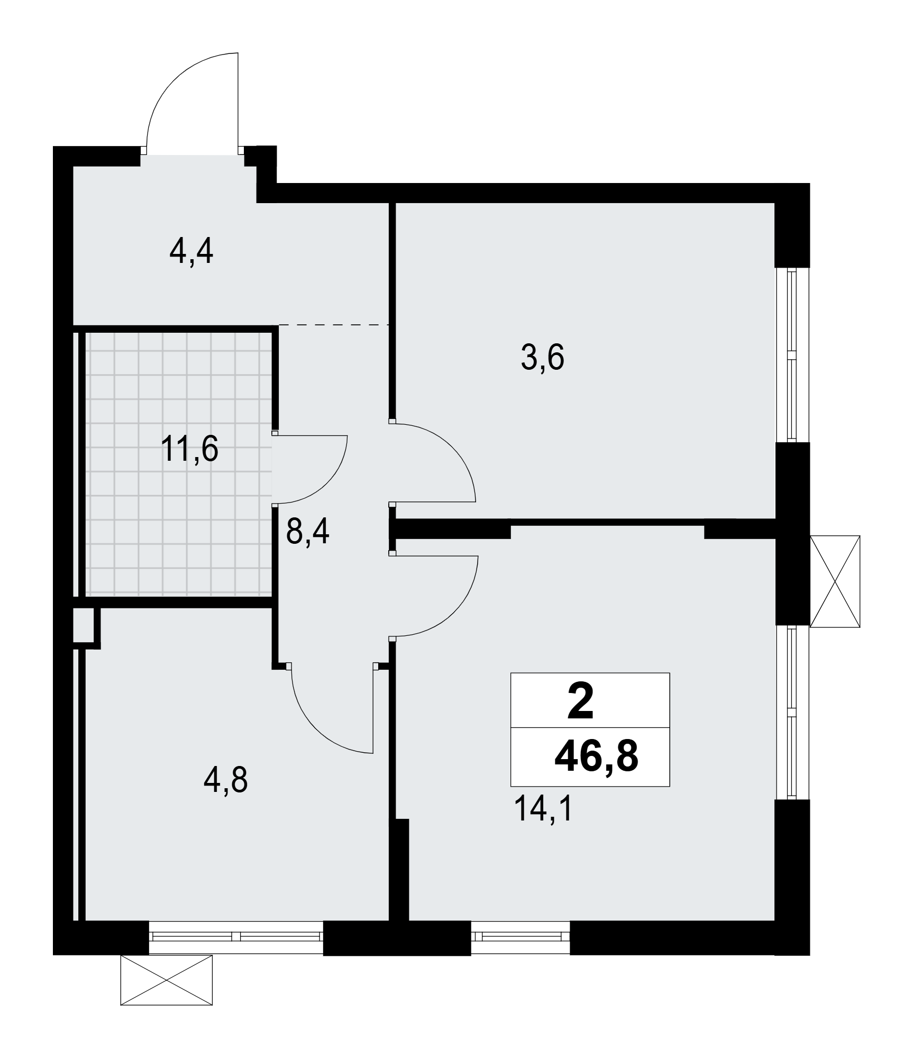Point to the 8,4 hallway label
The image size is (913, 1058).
point(307,532)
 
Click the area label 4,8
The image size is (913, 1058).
point(226,780)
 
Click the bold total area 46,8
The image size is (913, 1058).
point(596,757)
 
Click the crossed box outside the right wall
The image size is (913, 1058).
point(835,581)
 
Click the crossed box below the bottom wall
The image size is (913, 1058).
point(167,980)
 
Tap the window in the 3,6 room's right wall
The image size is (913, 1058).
point(792,354)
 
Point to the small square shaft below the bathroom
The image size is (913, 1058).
point(84,625)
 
